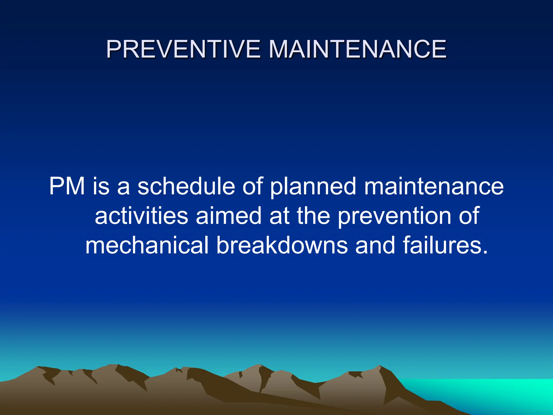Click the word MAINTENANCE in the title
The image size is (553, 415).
point(358,49)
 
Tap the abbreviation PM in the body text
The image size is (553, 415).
point(67,186)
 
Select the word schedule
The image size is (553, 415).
point(186,186)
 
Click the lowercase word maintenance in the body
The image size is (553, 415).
point(434,186)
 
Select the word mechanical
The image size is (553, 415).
point(147,245)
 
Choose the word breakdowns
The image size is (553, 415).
point(282,245)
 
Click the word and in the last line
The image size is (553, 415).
point(375,245)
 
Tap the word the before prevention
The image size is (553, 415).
point(313,216)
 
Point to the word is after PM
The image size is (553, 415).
point(101,186)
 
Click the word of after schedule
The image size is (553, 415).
point(252,186)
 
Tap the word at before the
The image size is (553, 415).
point(279,216)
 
